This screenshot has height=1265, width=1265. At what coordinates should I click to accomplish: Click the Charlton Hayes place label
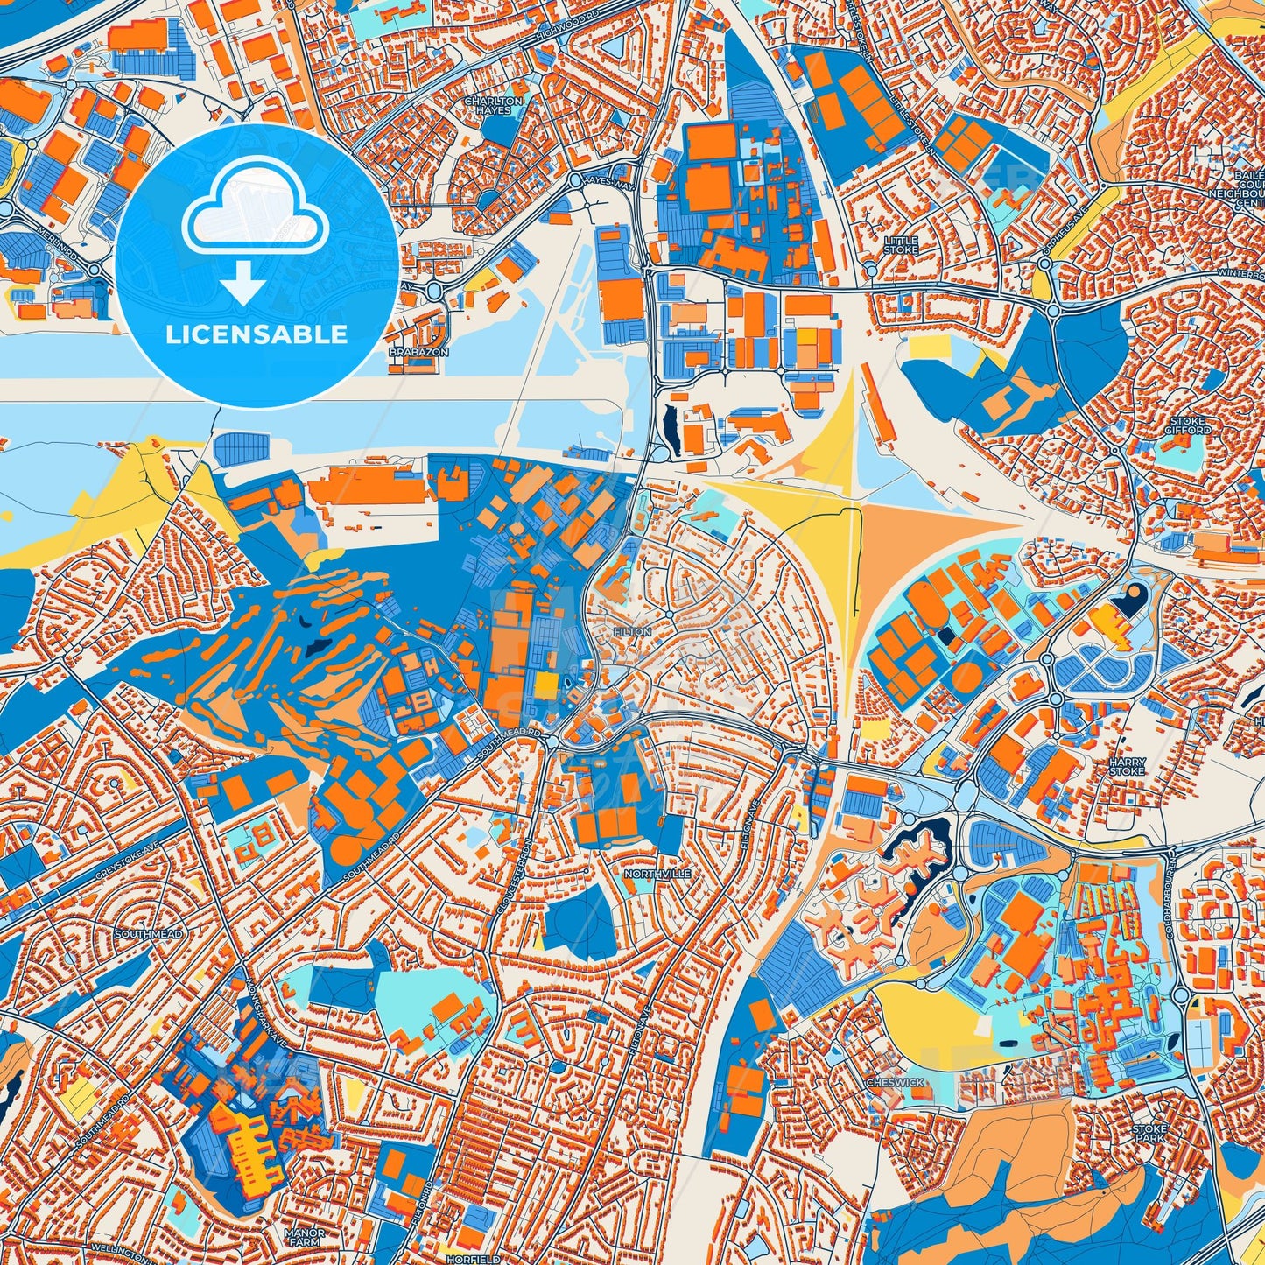[493, 106]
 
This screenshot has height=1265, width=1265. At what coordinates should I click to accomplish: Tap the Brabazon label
[418, 352]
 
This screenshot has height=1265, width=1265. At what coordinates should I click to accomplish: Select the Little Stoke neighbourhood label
[901, 245]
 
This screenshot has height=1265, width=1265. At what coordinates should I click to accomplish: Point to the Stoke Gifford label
[1189, 425]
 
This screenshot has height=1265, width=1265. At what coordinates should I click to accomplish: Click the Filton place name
[632, 631]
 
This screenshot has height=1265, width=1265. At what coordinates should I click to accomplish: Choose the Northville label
[657, 874]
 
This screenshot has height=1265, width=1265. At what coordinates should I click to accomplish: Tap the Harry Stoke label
[1127, 768]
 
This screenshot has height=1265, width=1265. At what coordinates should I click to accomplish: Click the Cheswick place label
[895, 1082]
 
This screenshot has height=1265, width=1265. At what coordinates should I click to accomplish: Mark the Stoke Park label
[1149, 1134]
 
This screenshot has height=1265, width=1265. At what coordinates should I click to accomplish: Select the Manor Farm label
[305, 1237]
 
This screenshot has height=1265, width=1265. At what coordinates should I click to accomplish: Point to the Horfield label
[472, 1258]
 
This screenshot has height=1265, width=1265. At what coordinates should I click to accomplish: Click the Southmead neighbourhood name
[149, 934]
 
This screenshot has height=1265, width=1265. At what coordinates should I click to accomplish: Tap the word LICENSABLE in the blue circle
[255, 334]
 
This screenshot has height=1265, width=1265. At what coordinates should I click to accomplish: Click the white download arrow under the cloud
[244, 285]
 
